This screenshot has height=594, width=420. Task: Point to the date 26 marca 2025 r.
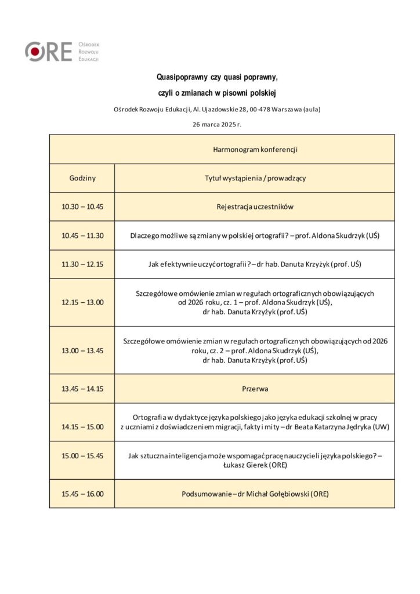click(x=217, y=124)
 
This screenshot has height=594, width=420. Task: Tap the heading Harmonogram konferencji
click(x=255, y=150)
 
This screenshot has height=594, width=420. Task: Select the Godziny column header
click(x=82, y=178)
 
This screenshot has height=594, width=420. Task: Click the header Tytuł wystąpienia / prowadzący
click(x=255, y=178)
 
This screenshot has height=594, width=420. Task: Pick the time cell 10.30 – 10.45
click(x=82, y=207)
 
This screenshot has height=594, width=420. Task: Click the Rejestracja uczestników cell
click(x=255, y=207)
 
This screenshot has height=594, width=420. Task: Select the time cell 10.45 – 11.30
click(x=82, y=236)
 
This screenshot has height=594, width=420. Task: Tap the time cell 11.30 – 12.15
click(x=82, y=264)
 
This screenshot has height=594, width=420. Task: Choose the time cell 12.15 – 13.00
click(x=82, y=302)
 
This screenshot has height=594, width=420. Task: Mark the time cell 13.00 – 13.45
click(x=82, y=350)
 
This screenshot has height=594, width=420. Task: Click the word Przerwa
click(x=255, y=389)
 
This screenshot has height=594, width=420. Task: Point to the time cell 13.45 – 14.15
click(x=82, y=389)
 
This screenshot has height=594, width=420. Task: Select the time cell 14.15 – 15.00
click(x=82, y=427)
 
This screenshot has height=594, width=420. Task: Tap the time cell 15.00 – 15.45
click(x=82, y=456)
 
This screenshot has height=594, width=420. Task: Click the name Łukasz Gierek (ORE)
click(x=255, y=465)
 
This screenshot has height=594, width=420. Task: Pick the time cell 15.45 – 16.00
click(x=82, y=494)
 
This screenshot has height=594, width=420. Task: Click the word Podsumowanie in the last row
click(x=207, y=494)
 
